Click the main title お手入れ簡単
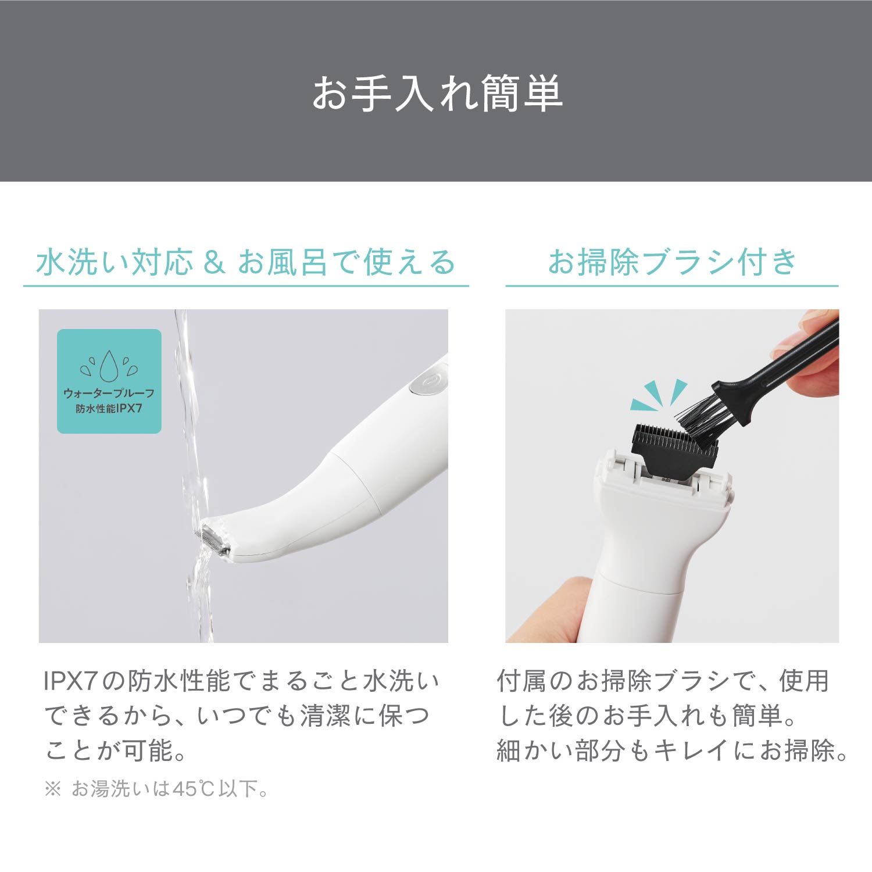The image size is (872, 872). (437, 93)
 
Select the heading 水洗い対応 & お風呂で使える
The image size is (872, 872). (246, 262)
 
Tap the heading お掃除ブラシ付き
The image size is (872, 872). (673, 262)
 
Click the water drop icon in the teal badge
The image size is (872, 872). (109, 365)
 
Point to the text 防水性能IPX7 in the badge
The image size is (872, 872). (109, 408)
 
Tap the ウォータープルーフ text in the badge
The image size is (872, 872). (109, 393)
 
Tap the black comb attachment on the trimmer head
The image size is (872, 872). (674, 451)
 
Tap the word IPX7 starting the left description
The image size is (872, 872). (70, 681)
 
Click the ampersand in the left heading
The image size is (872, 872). (214, 262)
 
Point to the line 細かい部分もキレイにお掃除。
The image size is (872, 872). (673, 751)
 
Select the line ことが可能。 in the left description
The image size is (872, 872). (116, 751)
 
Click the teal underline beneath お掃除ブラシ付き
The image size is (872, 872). (672, 286)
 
